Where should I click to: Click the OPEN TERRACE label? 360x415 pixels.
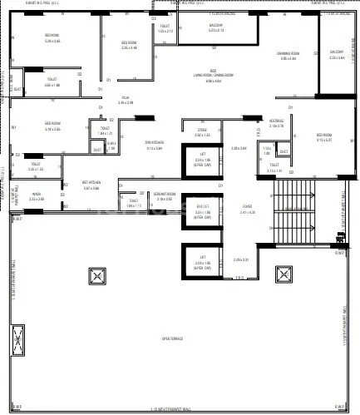tap(173, 338)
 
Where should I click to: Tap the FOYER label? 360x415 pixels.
tap(247, 208)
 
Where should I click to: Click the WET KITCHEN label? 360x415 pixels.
tap(91, 185)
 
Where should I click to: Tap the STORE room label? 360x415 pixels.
tap(201, 131)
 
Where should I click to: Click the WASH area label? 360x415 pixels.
tap(37, 196)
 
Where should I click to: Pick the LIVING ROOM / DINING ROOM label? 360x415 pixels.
tap(213, 74)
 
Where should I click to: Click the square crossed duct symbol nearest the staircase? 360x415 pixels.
tap(284, 274)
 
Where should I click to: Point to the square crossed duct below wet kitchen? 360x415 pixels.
tap(96, 275)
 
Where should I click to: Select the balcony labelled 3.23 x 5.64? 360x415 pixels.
tap(337, 54)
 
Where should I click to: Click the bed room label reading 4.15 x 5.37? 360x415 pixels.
tap(323, 137)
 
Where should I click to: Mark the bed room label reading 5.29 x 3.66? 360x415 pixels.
tap(52, 38)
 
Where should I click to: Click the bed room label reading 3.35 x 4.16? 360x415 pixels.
tap(129, 45)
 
